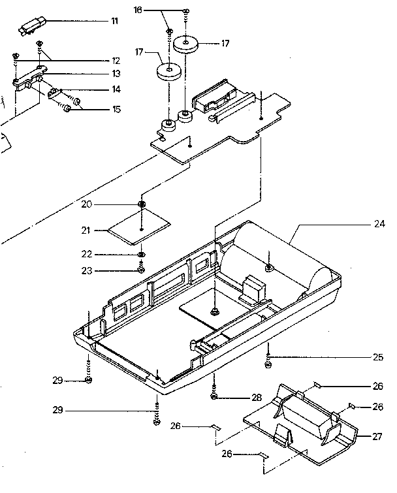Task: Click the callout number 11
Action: pos(114,22)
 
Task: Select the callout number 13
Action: pos(116,74)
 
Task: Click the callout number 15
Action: pos(116,109)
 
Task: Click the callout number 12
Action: pos(116,60)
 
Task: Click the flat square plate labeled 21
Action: pos(139,228)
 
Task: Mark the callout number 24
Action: pos(379,224)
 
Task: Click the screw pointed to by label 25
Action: pos(268,358)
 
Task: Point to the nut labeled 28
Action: pos(215,396)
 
